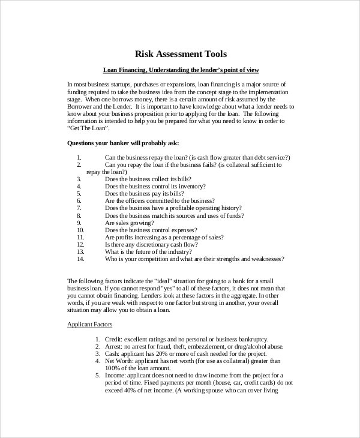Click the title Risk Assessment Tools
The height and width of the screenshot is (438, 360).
pos(180,54)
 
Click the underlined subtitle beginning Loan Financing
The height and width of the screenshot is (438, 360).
pos(180,70)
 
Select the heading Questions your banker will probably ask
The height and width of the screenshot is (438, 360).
pos(123,143)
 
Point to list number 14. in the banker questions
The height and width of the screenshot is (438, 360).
pos(81,259)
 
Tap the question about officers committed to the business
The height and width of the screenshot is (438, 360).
pos(160,200)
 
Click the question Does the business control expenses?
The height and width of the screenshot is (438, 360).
pos(151,230)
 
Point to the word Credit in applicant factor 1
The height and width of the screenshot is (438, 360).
pos(114,340)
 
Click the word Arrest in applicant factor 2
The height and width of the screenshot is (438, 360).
pos(115,347)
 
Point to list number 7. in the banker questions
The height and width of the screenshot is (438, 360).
pos(79,208)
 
